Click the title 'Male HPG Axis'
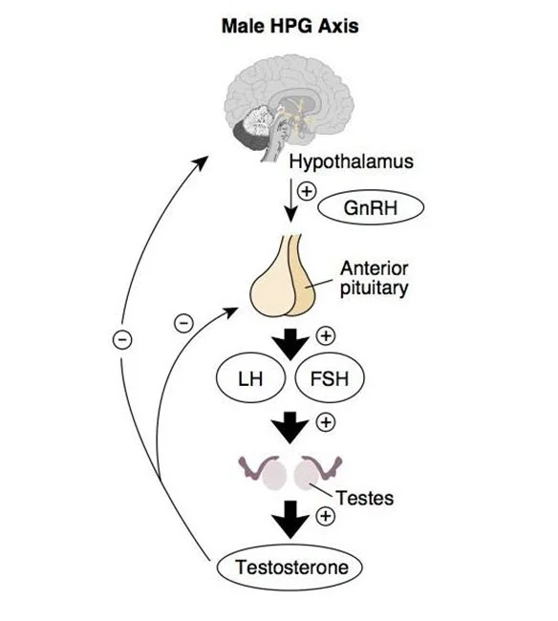[x=290, y=26]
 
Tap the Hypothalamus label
[x=351, y=162]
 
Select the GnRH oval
[x=371, y=208]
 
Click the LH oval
[x=250, y=378]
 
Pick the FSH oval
[x=330, y=378]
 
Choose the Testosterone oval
[x=290, y=567]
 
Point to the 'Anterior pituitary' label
[x=374, y=278]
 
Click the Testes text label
[x=365, y=498]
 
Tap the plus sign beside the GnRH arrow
[x=307, y=191]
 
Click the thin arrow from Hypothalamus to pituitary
[x=291, y=200]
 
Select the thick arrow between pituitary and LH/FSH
[x=290, y=344]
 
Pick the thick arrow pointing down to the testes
[x=290, y=428]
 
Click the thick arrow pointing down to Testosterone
[x=290, y=519]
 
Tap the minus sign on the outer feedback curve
[x=122, y=340]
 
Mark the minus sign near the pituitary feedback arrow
[x=183, y=323]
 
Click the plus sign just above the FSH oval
[x=326, y=336]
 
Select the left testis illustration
[x=264, y=472]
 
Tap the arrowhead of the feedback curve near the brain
[x=202, y=161]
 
